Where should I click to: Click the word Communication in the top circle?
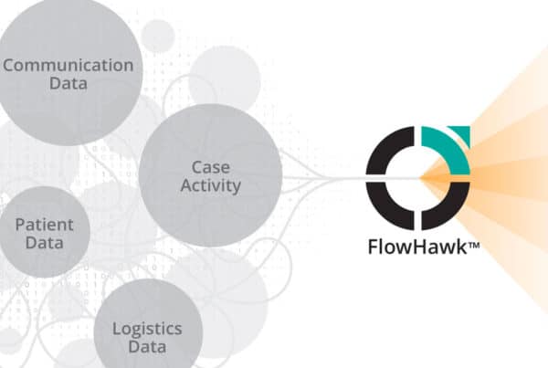coord(68,66)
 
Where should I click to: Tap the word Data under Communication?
coord(68,83)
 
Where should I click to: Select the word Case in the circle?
coord(211,167)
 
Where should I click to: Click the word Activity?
coord(211,186)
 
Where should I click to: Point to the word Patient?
coord(45,225)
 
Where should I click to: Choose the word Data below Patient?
coord(45,243)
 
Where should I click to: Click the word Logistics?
coord(147,330)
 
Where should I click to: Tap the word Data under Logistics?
coord(147,347)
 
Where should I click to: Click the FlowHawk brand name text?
coord(417,247)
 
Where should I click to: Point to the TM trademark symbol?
coord(473,246)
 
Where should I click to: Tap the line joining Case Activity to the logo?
coord(324,179)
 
